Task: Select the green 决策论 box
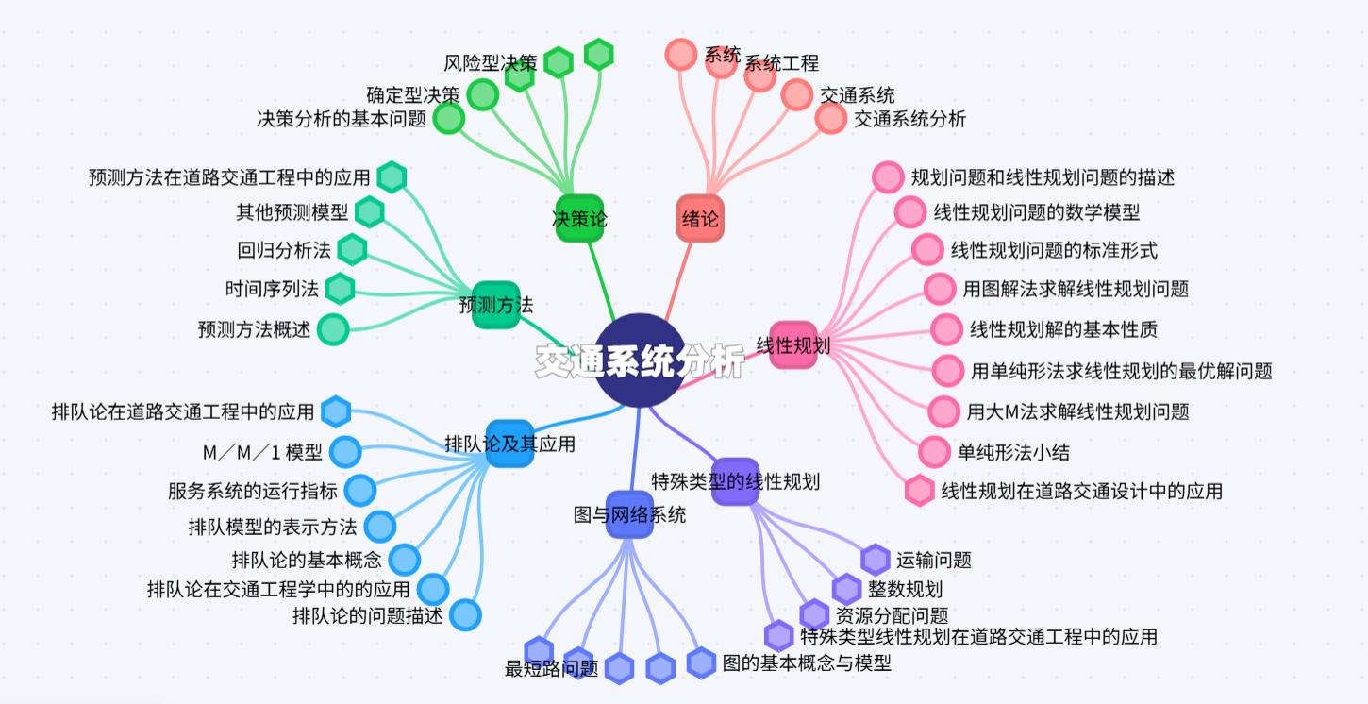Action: coord(579,219)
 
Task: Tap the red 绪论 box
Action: coord(700,219)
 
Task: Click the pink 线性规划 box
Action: coord(792,344)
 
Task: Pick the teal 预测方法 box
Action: coord(496,305)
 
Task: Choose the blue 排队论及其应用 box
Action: coord(509,444)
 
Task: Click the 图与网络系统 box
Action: coord(629,514)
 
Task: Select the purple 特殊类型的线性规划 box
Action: coord(736,481)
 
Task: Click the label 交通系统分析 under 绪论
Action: coord(909,119)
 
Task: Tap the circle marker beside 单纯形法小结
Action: coord(934,452)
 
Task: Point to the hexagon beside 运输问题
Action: coord(876,560)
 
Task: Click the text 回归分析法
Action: coord(284,250)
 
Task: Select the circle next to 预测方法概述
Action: coord(333,329)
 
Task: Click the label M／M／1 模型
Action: coord(262,453)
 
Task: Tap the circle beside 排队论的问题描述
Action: coord(465,615)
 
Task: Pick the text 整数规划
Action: coord(905,590)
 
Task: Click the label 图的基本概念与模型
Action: coord(807,662)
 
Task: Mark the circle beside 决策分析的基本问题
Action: coord(448,119)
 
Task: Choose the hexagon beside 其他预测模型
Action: coord(369,211)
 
